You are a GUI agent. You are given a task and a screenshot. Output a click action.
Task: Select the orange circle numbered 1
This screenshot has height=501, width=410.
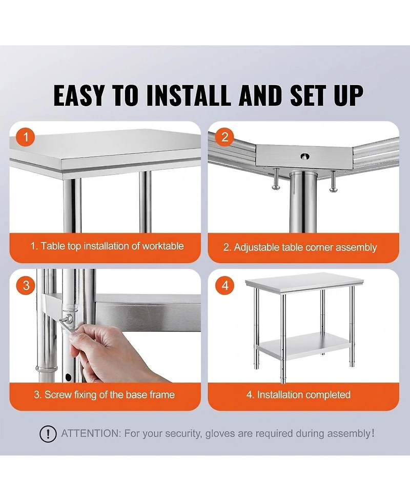[26, 137]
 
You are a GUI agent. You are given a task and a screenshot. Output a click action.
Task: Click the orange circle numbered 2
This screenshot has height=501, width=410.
[224, 137]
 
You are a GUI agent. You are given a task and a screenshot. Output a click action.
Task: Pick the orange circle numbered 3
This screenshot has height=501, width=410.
[26, 286]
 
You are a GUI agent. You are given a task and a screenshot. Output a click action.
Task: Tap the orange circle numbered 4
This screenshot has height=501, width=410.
[224, 286]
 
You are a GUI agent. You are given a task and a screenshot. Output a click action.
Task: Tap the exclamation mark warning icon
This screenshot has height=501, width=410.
[48, 434]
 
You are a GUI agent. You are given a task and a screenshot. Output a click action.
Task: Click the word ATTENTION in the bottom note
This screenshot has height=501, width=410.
[91, 434]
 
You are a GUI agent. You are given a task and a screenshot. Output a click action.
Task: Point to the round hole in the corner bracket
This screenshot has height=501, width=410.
[304, 156]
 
